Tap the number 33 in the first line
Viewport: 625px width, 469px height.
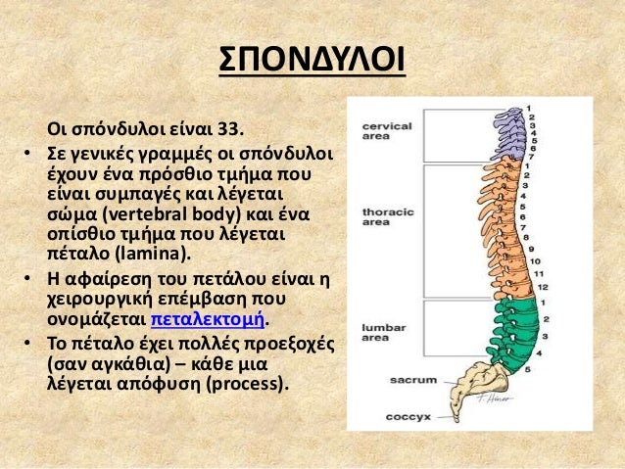pos(233,129)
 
